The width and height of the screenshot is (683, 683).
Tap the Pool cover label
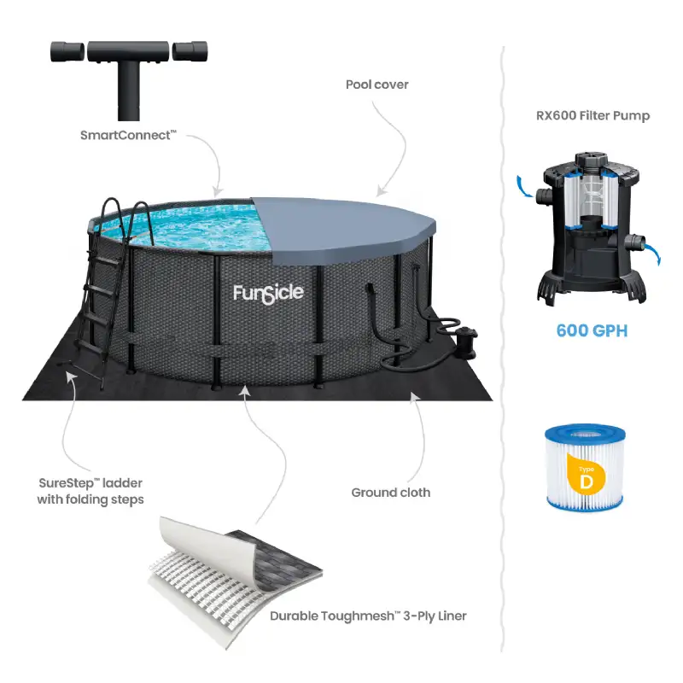pos(377,85)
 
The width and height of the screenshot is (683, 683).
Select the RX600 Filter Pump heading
pos(588,115)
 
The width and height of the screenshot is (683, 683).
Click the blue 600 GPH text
pos(591,330)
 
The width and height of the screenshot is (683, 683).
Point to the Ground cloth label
pos(390,493)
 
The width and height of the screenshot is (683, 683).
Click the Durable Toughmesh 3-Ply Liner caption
pos(368,616)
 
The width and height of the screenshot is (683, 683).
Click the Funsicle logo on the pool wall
pos(268,294)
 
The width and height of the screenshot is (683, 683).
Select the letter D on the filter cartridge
pos(587,481)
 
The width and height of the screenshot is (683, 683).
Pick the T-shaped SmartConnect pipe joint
pos(129,68)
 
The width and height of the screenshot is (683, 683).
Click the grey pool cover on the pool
pos(341,226)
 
